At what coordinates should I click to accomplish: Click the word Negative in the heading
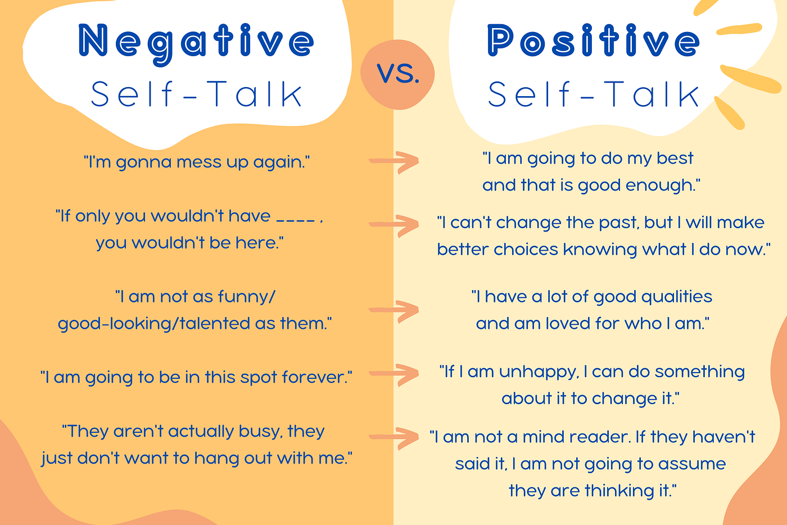(196, 42)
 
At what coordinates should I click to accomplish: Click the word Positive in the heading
(593, 42)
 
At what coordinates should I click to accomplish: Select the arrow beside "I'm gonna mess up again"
(395, 161)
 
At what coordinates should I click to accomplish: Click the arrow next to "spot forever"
(395, 374)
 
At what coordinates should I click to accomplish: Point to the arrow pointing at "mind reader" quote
(395, 437)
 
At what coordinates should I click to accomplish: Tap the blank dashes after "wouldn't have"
(296, 218)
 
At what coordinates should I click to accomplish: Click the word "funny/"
(248, 296)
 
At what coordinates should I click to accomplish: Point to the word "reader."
(597, 437)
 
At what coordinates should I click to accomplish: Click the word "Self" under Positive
(529, 94)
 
